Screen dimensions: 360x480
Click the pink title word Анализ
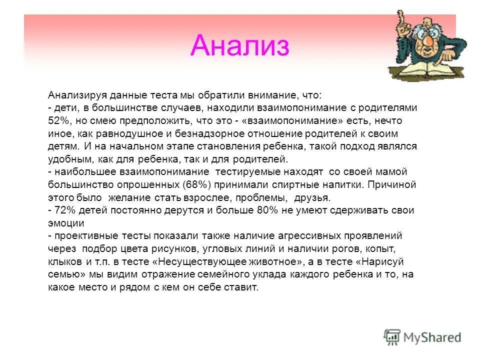click(x=240, y=46)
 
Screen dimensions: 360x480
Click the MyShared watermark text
click(x=432, y=337)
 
